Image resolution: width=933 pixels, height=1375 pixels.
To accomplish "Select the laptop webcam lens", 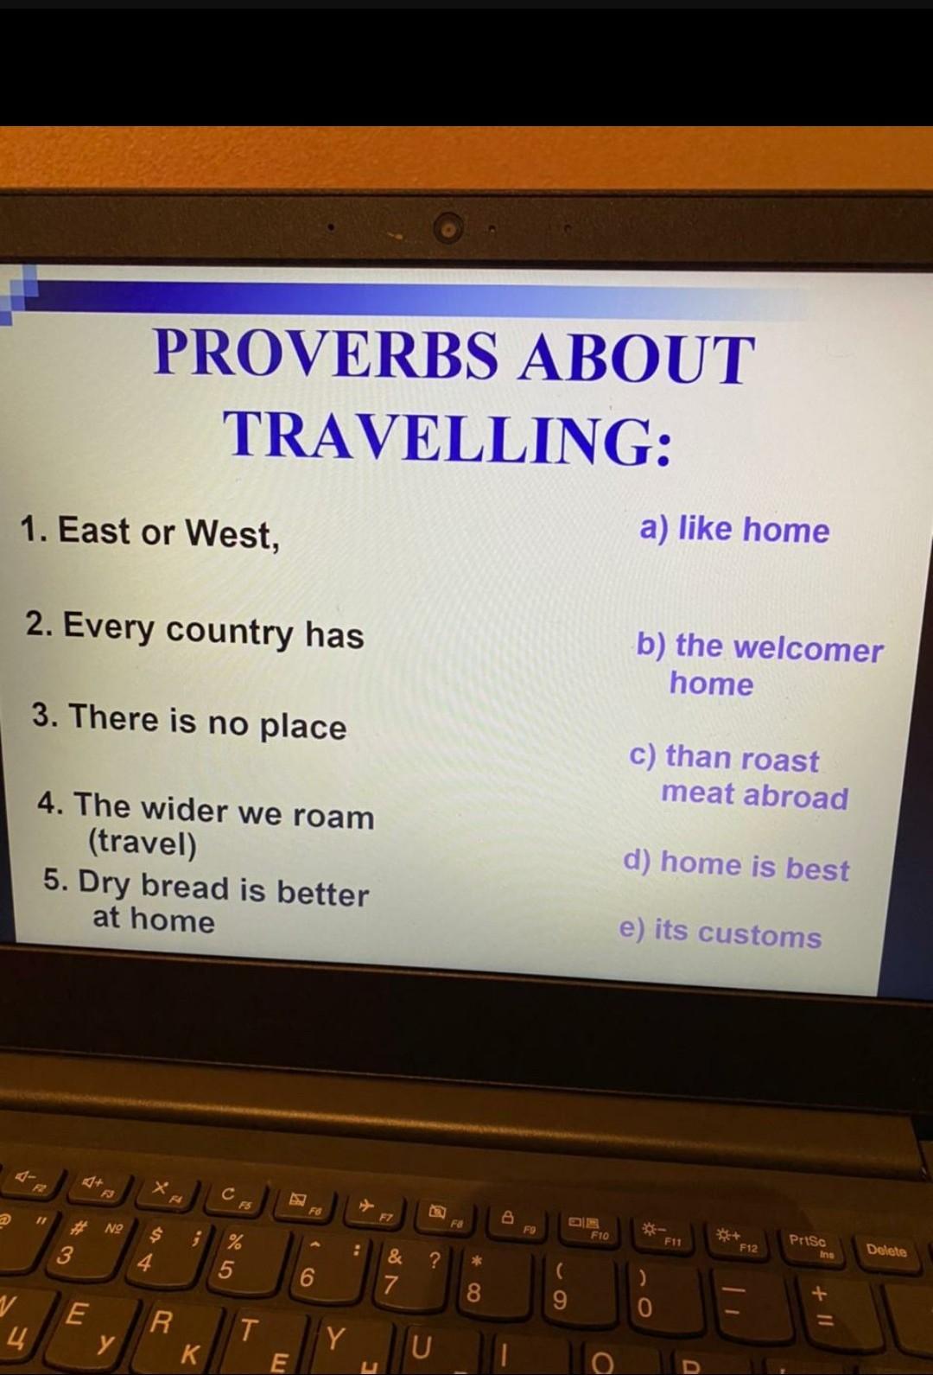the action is click(x=448, y=228).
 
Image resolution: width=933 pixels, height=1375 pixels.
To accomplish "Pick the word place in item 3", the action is click(x=303, y=727).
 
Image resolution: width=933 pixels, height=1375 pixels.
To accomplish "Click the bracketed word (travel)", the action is click(x=143, y=844).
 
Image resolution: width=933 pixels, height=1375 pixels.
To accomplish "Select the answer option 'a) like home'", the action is click(x=734, y=529).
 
